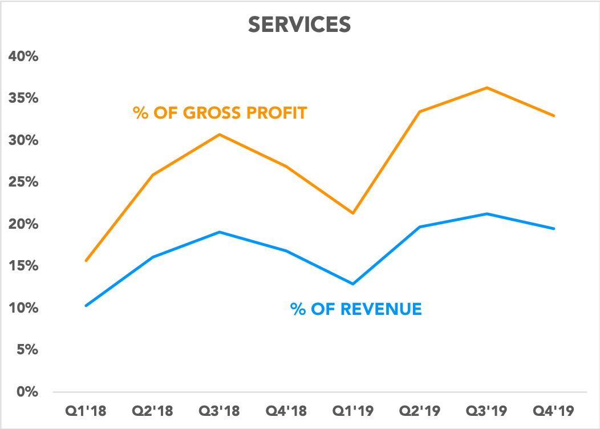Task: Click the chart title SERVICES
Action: [299, 25]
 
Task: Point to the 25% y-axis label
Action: [23, 183]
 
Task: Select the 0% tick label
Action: [26, 392]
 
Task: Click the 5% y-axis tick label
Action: [26, 350]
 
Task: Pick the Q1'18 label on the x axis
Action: [86, 411]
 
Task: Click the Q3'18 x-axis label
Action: [220, 411]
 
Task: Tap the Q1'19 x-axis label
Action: [353, 411]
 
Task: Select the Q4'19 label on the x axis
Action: [553, 411]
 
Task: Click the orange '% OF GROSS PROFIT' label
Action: [220, 112]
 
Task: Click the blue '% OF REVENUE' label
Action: [356, 310]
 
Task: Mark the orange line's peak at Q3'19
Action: [487, 88]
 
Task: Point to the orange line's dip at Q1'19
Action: [353, 213]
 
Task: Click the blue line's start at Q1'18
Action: [86, 306]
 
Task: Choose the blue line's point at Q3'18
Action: [220, 232]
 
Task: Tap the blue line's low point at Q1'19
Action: [353, 284]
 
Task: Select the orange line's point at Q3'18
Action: [220, 135]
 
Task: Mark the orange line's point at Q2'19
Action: [420, 112]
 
